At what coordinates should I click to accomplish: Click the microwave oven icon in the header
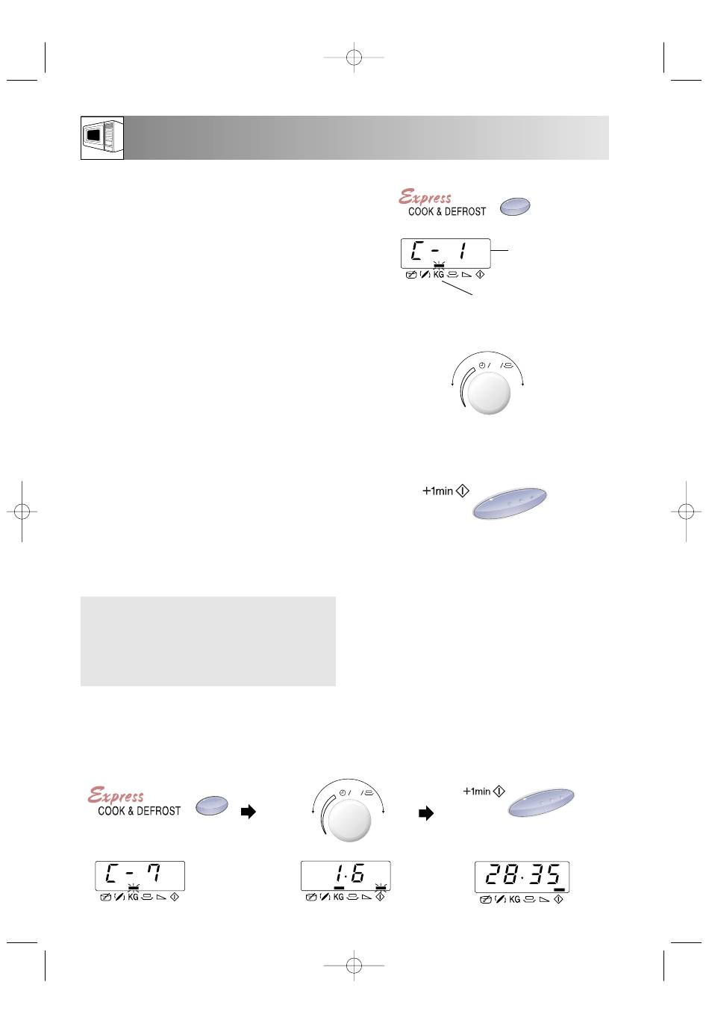tap(102, 138)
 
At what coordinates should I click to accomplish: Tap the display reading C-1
tap(446, 253)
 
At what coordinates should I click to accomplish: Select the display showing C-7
tap(140, 875)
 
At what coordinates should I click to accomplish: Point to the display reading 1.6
tap(346, 875)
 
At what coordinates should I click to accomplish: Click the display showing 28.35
tap(522, 877)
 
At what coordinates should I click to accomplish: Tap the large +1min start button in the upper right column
tap(510, 503)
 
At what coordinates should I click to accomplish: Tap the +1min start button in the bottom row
tap(541, 802)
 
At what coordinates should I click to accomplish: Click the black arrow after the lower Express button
tap(249, 812)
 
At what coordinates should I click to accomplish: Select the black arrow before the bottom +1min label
tap(426, 813)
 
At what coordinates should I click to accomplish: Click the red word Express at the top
tap(425, 197)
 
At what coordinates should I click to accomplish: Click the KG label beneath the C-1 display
tap(438, 275)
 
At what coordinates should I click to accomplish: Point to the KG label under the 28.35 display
tap(514, 899)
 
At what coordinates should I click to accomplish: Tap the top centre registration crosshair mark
tap(354, 57)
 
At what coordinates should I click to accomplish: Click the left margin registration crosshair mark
tap(22, 511)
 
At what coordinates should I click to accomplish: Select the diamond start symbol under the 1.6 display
tap(380, 897)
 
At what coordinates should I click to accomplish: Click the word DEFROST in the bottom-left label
tap(158, 811)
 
